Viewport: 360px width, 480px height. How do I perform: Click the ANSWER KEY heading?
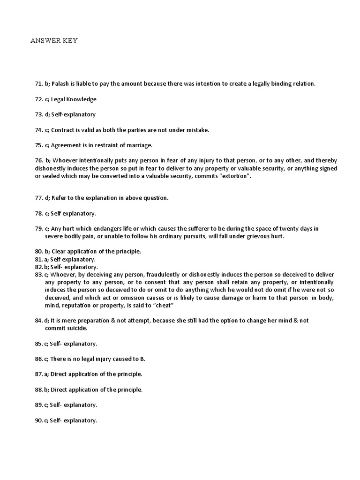coord(54,41)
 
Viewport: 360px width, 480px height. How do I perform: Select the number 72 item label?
coord(39,99)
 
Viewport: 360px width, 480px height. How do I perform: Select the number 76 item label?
coord(38,161)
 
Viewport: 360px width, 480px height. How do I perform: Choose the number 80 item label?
coord(39,252)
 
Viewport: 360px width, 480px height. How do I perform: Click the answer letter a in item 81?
coord(46,259)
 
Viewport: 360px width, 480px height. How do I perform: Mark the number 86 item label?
coord(38,359)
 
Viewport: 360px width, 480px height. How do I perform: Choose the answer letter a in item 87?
coord(46,375)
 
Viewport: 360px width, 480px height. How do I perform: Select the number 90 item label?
coord(38,420)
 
